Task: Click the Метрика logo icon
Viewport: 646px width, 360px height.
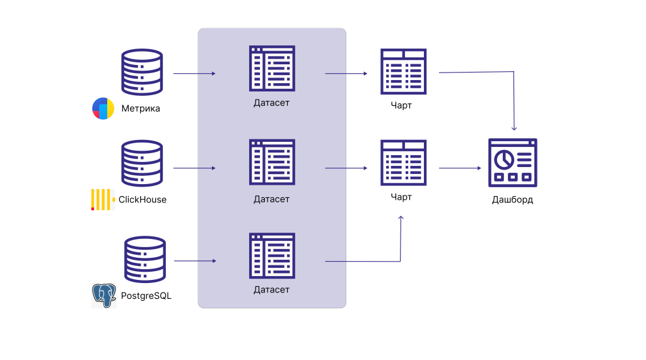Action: click(x=102, y=108)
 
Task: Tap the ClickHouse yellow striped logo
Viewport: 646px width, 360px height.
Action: click(x=102, y=199)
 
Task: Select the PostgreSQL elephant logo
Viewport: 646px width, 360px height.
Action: click(x=104, y=295)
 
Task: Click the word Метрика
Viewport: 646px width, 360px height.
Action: click(x=141, y=108)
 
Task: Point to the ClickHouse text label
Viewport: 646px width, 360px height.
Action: click(x=143, y=200)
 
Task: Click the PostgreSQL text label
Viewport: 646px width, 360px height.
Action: click(x=146, y=295)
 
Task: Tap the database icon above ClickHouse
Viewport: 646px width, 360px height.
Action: click(x=142, y=163)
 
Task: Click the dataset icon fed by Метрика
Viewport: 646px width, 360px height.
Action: click(x=272, y=68)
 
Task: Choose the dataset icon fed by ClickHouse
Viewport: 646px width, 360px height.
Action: click(x=272, y=162)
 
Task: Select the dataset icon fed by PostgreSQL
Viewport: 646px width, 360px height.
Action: click(x=272, y=255)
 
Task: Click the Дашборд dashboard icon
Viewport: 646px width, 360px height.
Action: click(x=513, y=163)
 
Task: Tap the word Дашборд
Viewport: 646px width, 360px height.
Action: click(x=512, y=200)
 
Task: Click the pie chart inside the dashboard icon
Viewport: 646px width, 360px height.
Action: click(x=503, y=160)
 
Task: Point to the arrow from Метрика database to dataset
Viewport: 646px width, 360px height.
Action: click(x=194, y=74)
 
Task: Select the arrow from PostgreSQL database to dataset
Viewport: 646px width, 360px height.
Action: click(x=195, y=261)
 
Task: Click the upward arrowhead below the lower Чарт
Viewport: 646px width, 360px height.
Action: click(x=401, y=218)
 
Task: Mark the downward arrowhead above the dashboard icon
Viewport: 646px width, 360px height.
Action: click(x=515, y=127)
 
